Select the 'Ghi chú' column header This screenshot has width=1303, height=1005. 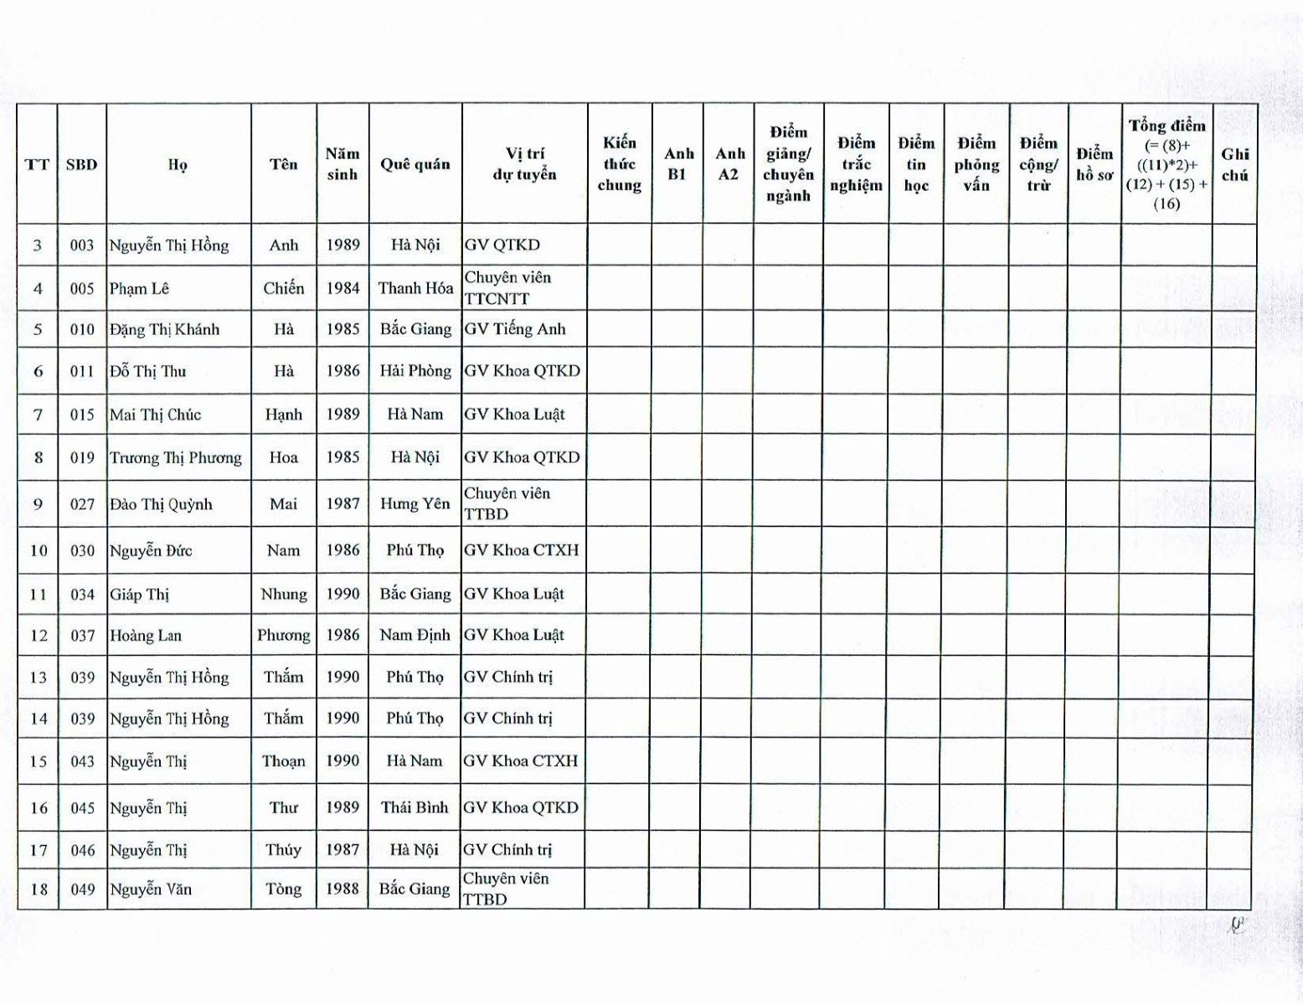[1234, 164]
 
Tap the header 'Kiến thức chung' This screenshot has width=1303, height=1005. [619, 164]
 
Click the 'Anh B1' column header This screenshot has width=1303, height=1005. [678, 164]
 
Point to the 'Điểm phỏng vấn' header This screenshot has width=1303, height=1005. [976, 164]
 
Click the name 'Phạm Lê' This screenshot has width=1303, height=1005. [139, 289]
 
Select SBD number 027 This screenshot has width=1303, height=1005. [82, 504]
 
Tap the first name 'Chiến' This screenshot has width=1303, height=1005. [283, 288]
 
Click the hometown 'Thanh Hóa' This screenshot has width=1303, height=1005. [415, 288]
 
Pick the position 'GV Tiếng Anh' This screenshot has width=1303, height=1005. [515, 329]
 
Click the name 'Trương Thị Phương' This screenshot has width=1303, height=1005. [175, 458]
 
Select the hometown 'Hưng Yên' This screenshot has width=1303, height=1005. [415, 504]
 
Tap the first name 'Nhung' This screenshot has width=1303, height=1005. [283, 595]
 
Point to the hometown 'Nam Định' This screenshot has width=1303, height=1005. [415, 636]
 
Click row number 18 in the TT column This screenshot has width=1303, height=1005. [39, 889]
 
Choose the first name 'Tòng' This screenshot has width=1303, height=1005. [283, 889]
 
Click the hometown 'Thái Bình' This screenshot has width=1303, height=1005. [415, 808]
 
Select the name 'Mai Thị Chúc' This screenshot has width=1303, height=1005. [155, 415]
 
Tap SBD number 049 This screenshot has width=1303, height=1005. [82, 889]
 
